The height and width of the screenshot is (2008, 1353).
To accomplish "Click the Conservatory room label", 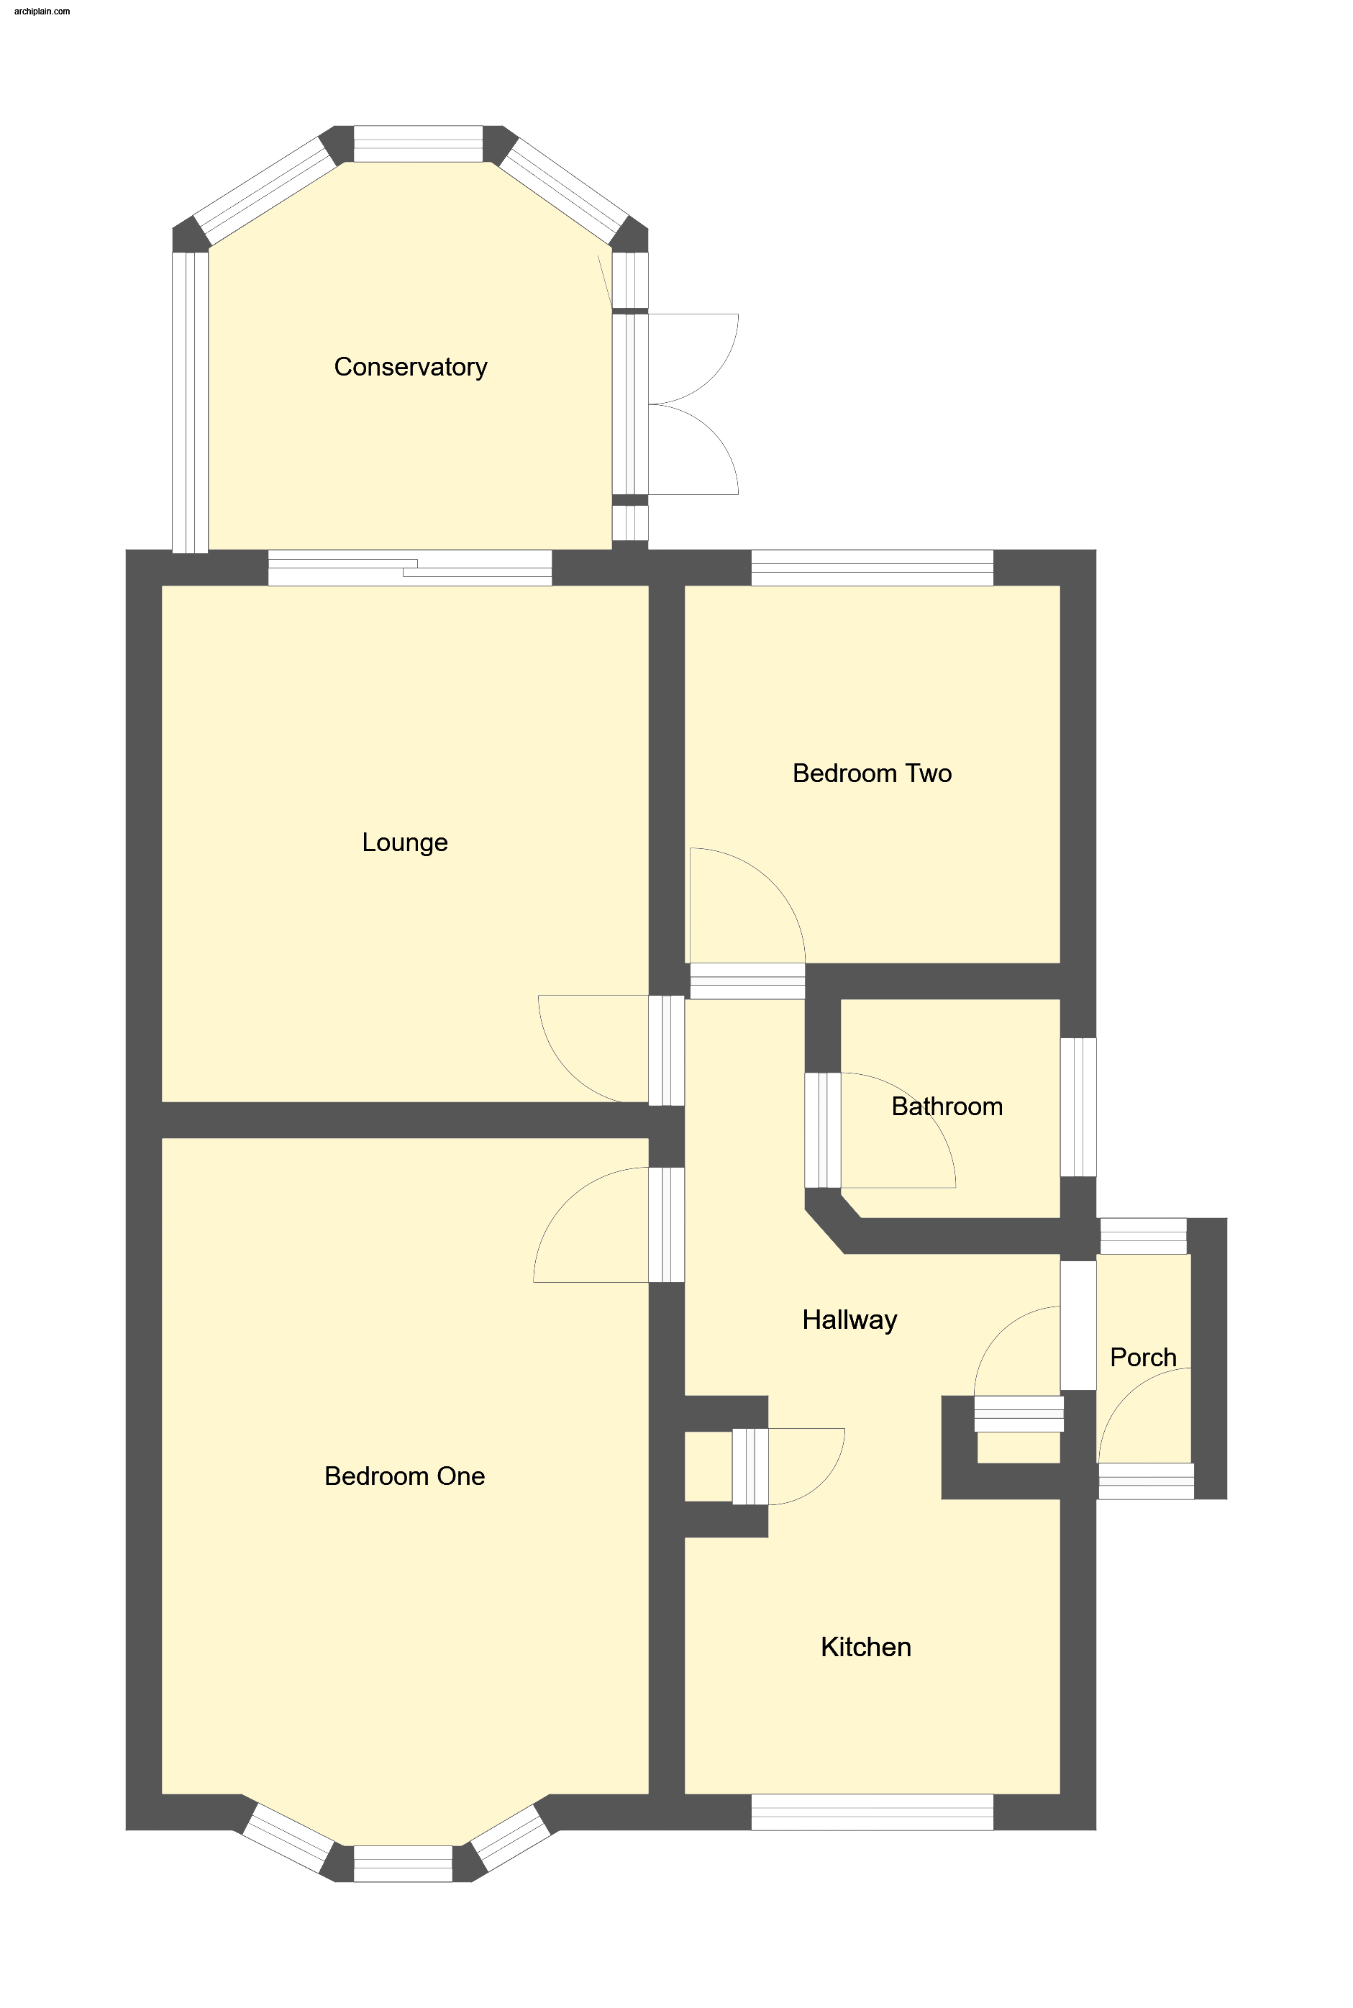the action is [411, 367].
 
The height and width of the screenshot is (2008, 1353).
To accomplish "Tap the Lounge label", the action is [405, 842].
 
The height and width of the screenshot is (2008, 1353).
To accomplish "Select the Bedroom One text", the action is [405, 1476].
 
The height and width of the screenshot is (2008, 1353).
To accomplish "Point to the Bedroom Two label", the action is [873, 773].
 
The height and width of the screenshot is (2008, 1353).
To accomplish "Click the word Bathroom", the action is [947, 1107].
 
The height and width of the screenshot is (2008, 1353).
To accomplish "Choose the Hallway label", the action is [850, 1320].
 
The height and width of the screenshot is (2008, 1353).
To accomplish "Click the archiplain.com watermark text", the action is [42, 12].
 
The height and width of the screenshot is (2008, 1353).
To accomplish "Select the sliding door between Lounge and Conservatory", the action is [410, 568].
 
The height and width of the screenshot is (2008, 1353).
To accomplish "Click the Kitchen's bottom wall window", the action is [873, 1812].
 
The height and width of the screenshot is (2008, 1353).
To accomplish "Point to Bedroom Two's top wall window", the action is [873, 568].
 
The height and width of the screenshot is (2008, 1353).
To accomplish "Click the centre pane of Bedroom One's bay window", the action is [403, 1863].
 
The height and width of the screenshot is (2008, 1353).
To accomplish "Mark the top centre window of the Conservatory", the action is [418, 144].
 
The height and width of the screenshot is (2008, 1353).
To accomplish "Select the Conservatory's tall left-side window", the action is [191, 402].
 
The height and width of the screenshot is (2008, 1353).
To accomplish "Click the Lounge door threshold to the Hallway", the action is [667, 1050].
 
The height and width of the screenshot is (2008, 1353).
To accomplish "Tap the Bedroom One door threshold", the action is [667, 1225].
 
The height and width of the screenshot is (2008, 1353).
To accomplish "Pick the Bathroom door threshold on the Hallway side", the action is [823, 1130].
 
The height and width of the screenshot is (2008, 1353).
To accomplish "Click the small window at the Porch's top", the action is [1143, 1236].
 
